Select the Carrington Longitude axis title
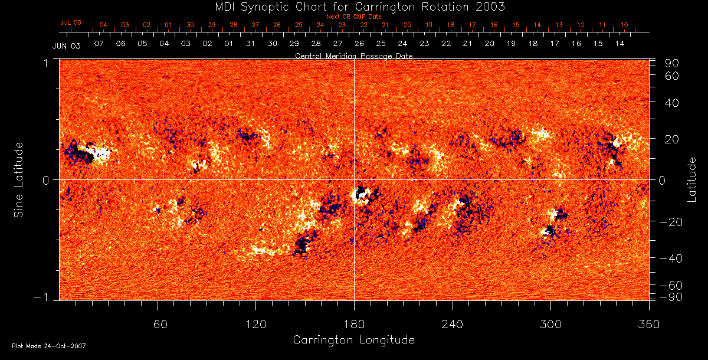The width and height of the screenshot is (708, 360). (x=353, y=340)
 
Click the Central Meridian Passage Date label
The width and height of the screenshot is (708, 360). (x=353, y=55)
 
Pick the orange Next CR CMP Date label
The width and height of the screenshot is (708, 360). (x=353, y=17)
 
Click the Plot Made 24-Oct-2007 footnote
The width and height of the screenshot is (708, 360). (x=49, y=346)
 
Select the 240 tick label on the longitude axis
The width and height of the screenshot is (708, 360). (x=453, y=324)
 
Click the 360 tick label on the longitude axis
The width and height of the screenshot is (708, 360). (x=649, y=324)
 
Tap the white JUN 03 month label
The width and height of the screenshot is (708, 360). (x=66, y=45)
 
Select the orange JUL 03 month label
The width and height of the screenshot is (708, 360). (x=71, y=22)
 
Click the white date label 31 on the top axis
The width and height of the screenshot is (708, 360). (x=251, y=44)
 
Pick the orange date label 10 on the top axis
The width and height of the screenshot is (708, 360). (x=624, y=25)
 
